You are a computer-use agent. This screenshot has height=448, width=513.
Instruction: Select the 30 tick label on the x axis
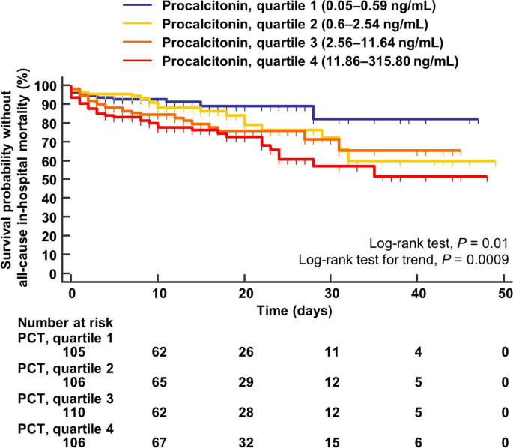pyautogui.click(x=332, y=291)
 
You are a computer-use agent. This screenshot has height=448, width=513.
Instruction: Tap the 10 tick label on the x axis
pyautogui.click(x=157, y=291)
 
